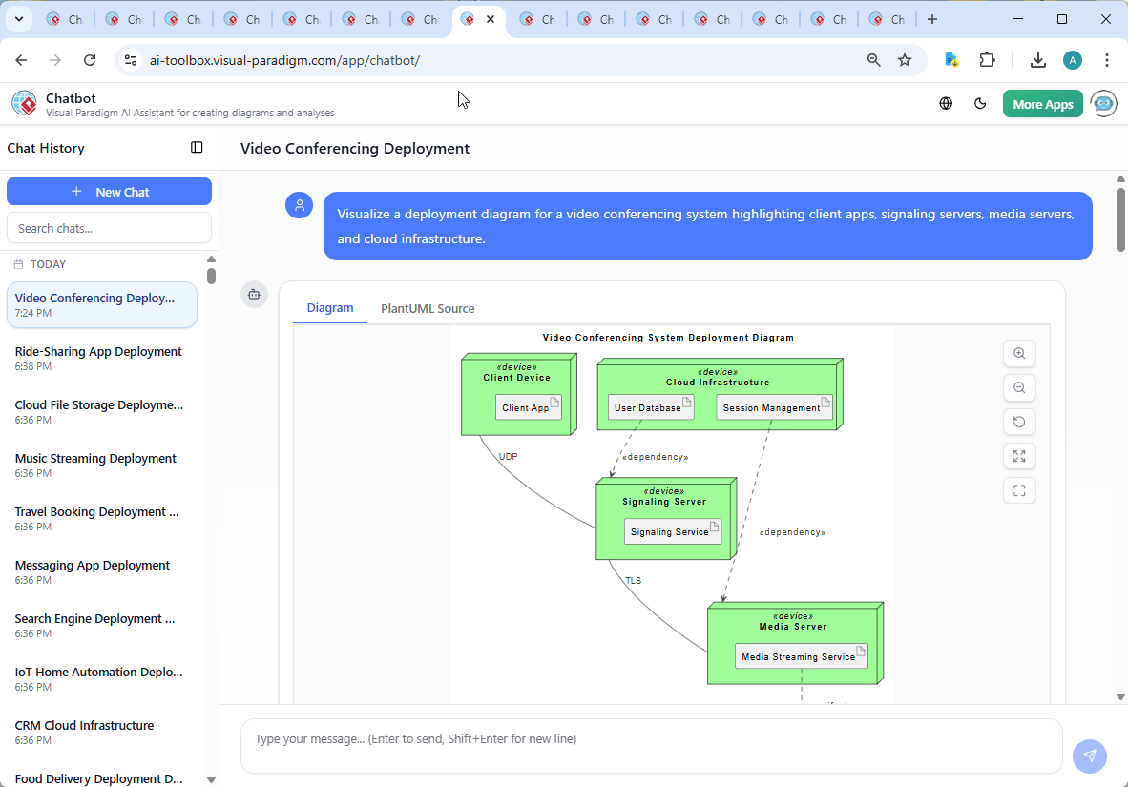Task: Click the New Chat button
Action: pyautogui.click(x=109, y=192)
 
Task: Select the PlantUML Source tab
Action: pyautogui.click(x=428, y=308)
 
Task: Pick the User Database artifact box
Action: pyautogui.click(x=650, y=407)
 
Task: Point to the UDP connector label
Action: pyautogui.click(x=508, y=457)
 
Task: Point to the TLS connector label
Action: pyautogui.click(x=633, y=580)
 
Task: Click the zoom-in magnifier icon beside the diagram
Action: pyautogui.click(x=1019, y=354)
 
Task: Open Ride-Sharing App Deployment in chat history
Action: pyautogui.click(x=98, y=352)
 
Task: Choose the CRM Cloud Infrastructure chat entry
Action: pyautogui.click(x=85, y=726)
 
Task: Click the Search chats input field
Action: pyautogui.click(x=109, y=228)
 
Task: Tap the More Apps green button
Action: pyautogui.click(x=1042, y=104)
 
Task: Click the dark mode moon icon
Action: pyautogui.click(x=980, y=104)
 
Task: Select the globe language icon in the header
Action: pyautogui.click(x=946, y=104)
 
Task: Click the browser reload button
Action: pyautogui.click(x=90, y=60)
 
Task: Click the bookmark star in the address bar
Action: pyautogui.click(x=905, y=60)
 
